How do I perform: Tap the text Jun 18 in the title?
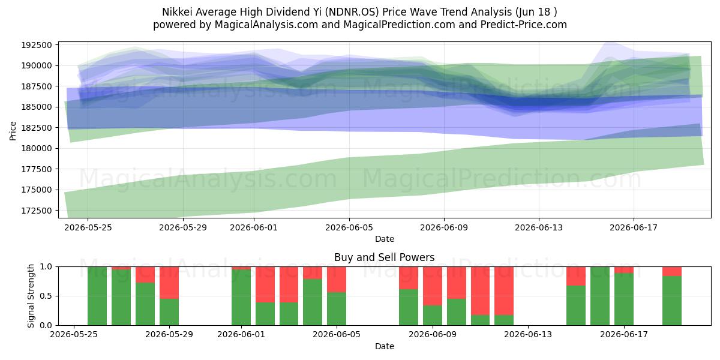(534, 12)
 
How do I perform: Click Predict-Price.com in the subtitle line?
(523, 25)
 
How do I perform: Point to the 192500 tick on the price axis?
(37, 45)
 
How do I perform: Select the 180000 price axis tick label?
(37, 149)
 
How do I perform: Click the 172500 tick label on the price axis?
(37, 211)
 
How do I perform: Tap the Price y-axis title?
(13, 131)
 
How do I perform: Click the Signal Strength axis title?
(31, 296)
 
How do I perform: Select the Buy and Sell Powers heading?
(384, 257)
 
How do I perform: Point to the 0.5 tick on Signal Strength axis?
(46, 296)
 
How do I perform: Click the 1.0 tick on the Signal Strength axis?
(46, 267)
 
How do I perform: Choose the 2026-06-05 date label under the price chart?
(349, 227)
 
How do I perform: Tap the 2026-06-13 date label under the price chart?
(539, 227)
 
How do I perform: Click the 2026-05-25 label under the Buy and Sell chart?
(74, 334)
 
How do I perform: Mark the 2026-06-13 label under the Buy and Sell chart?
(528, 334)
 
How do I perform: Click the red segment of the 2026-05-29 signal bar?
(169, 283)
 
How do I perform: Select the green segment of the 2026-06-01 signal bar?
(241, 298)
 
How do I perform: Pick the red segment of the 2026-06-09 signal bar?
(433, 286)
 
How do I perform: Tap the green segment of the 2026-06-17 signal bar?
(624, 299)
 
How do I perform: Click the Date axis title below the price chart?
(385, 239)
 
